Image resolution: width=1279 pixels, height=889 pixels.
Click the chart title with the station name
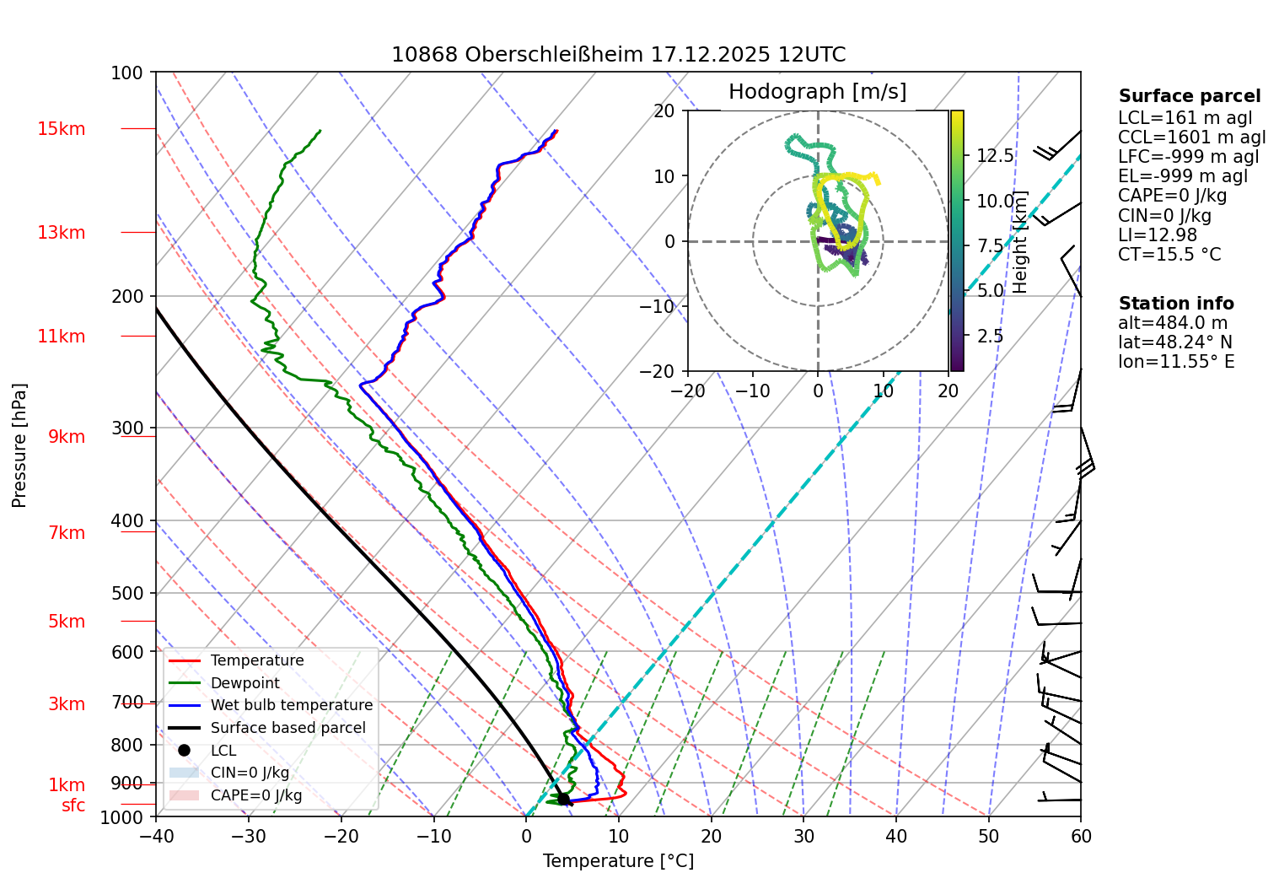pos(618,55)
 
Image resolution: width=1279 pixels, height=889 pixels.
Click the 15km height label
pos(61,129)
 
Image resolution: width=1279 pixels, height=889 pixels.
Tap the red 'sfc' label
pos(73,805)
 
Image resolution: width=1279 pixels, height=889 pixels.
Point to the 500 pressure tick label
pos(127,593)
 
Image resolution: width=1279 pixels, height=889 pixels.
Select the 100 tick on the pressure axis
pos(127,73)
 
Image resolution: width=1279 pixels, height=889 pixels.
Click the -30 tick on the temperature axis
pos(249,836)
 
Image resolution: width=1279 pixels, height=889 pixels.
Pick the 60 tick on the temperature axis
pos(1081,836)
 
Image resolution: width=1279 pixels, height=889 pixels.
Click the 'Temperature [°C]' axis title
pos(618,861)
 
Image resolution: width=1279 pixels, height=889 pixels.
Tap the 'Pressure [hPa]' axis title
pos(19,445)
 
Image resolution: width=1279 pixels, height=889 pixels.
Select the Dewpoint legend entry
pos(245,683)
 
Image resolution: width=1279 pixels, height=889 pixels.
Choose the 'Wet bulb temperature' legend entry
pos(291,705)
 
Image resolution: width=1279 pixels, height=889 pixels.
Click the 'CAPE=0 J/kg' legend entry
pos(255,795)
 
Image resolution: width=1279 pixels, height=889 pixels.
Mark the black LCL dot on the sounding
pos(563,799)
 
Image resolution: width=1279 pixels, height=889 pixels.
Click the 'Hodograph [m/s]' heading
pos(817,91)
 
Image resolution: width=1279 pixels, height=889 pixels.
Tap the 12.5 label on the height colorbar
pos(995,155)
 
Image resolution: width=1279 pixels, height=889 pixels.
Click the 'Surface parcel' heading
pos(1189,96)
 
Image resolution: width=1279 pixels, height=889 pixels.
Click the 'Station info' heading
pos(1175,304)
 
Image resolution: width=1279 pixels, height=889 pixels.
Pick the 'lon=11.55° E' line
pos(1176,362)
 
